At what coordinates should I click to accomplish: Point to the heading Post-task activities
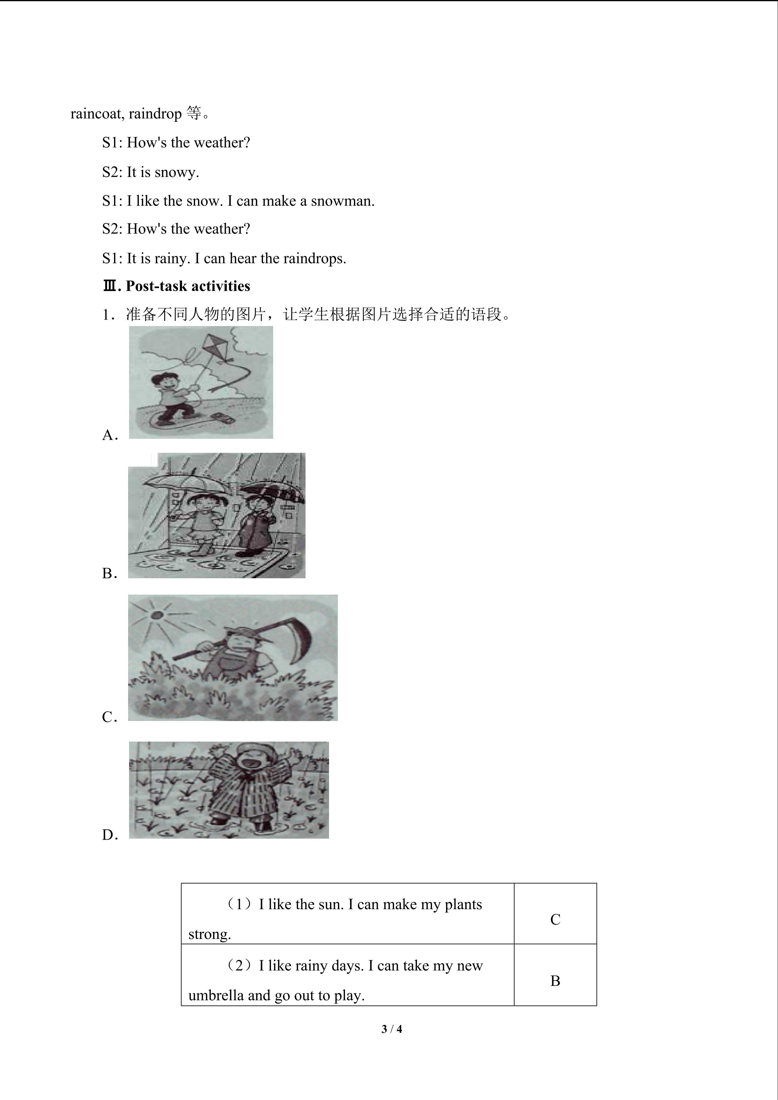point(188,286)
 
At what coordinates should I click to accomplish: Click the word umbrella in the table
point(216,995)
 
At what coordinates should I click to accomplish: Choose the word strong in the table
point(209,935)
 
